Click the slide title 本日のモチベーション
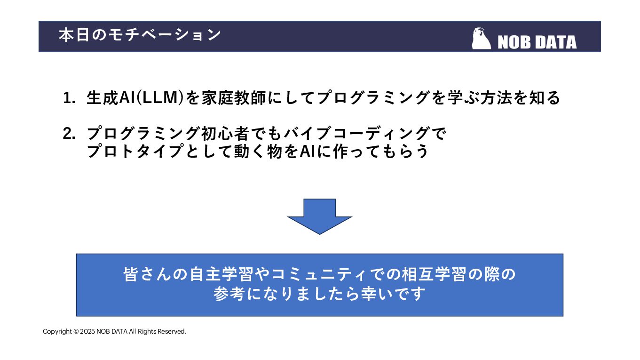(x=140, y=35)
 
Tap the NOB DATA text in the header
(x=537, y=42)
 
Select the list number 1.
(x=69, y=98)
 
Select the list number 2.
(x=69, y=134)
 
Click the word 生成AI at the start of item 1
(x=111, y=98)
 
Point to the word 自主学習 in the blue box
(x=221, y=274)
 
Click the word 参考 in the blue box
(x=228, y=294)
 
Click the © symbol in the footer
(x=76, y=332)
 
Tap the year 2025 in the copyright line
(x=87, y=332)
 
